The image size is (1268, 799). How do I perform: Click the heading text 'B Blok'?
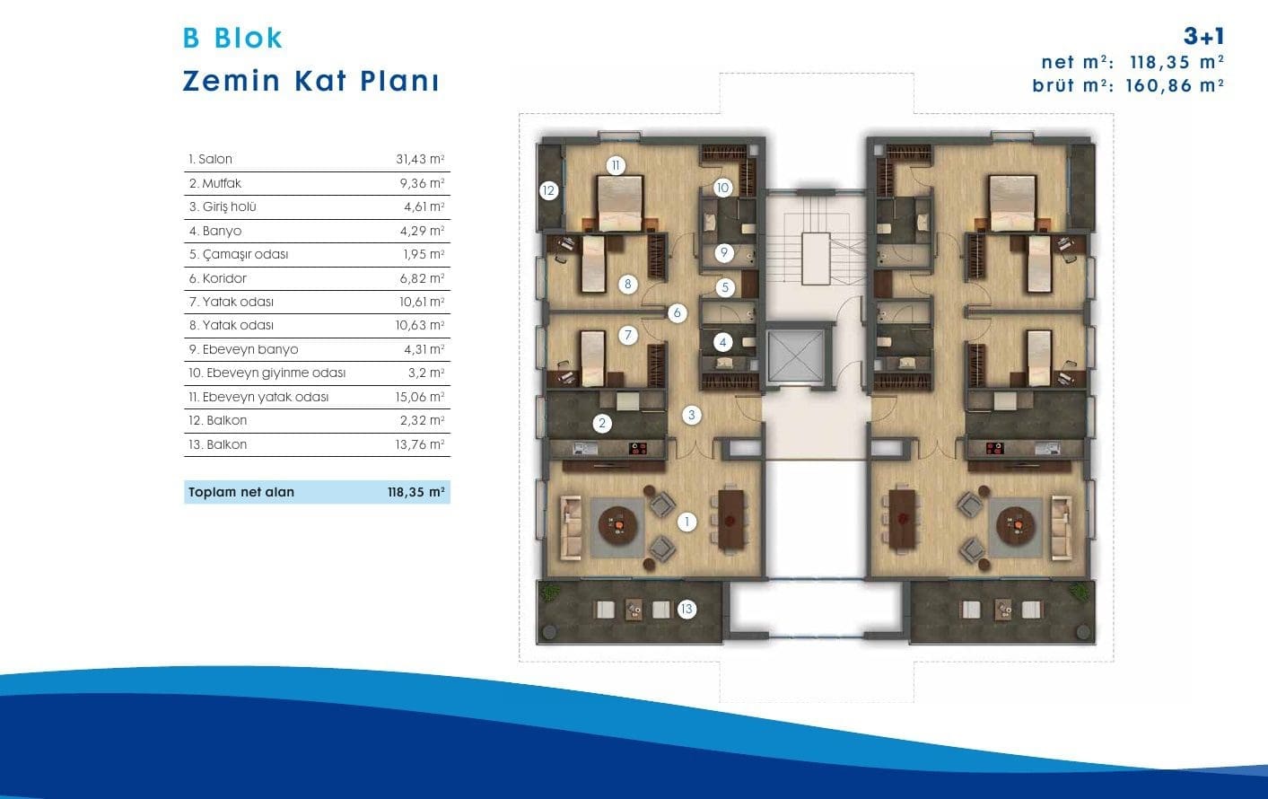232,38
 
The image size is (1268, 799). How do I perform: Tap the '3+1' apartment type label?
1204,36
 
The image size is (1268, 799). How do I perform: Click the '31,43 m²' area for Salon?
420,159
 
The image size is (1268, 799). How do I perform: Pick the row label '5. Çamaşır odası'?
239,254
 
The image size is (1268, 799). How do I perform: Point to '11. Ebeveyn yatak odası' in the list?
258,397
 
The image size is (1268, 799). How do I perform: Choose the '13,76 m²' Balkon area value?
419,444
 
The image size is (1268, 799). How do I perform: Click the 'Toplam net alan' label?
241,492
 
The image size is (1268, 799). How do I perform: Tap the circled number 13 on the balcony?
686,609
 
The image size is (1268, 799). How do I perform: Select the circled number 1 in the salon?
687,522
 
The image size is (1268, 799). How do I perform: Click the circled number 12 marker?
548,190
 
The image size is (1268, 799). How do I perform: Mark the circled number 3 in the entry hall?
691,415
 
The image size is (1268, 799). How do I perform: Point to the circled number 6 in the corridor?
677,313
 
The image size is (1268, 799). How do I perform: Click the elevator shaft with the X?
795,355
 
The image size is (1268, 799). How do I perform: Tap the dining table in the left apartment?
730,519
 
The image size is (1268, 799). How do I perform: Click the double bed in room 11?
620,203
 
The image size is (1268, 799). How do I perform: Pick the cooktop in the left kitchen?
638,449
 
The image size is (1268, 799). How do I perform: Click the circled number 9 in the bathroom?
724,252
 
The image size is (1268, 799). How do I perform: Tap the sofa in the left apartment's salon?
571,528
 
